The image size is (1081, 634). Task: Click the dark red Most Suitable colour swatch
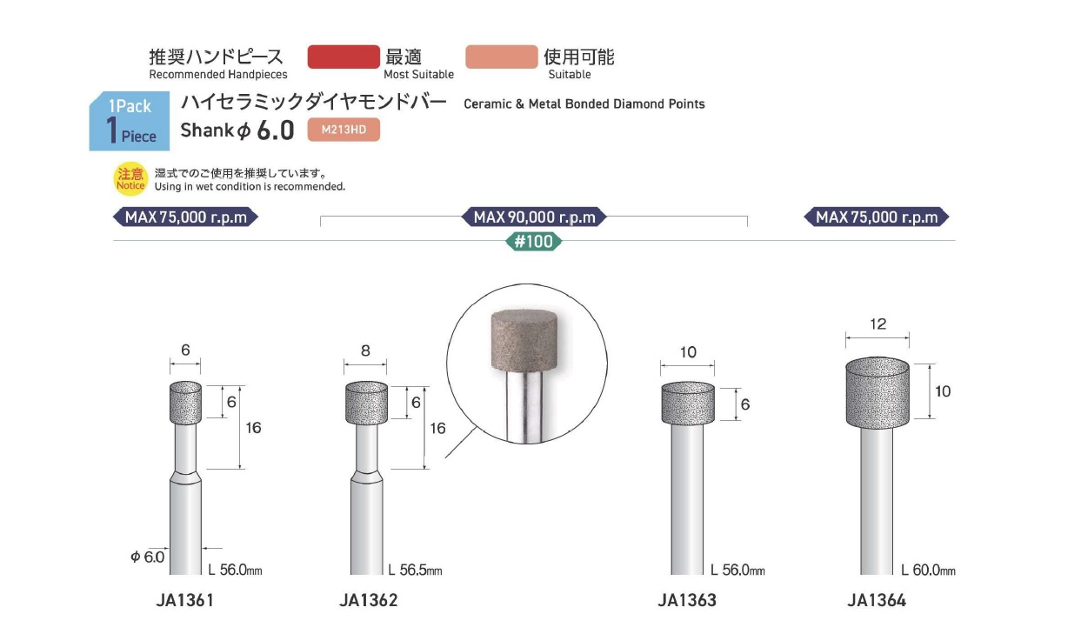tap(344, 57)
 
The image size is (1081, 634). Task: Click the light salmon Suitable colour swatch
tap(502, 57)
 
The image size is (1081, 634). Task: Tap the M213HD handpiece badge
tap(344, 130)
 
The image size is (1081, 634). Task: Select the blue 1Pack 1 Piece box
tap(130, 121)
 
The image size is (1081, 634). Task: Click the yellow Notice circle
tap(130, 178)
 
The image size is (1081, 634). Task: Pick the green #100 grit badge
tap(533, 241)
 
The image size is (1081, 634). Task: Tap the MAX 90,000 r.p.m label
tap(534, 217)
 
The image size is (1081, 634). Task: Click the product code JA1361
tap(185, 600)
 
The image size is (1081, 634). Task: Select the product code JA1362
tap(369, 600)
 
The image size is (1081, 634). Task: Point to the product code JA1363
tap(687, 600)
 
